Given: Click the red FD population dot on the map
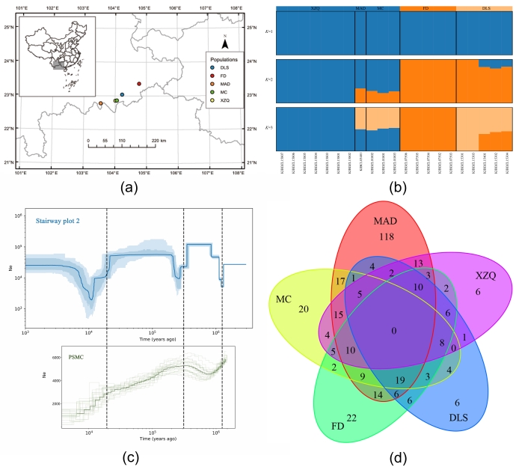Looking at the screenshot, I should (x=139, y=84).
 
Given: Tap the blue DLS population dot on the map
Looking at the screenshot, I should (x=122, y=95).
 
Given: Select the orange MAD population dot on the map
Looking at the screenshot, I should (x=101, y=103).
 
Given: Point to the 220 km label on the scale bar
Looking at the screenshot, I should (x=159, y=140).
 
